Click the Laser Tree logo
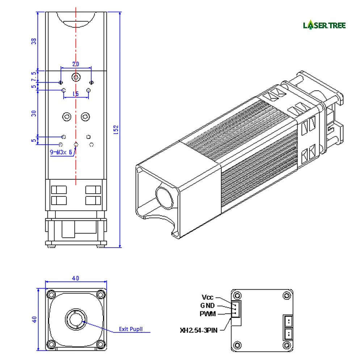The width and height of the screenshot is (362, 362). [x=324, y=25]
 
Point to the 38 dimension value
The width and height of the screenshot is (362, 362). [x=34, y=41]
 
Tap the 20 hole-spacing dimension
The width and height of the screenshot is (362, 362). [x=76, y=64]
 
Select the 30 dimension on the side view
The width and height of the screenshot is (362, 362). [x=34, y=113]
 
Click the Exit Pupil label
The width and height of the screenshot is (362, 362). [x=131, y=329]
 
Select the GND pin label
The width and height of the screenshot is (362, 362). [x=207, y=306]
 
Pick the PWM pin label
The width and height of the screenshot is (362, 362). [x=207, y=314]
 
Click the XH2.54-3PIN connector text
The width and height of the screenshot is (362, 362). [x=199, y=330]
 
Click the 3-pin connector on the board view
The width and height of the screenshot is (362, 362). [x=235, y=309]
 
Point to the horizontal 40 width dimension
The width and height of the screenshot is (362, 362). [x=75, y=278]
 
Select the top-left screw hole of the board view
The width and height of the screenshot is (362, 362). [x=237, y=294]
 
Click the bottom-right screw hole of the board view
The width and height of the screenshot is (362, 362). [x=287, y=344]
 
